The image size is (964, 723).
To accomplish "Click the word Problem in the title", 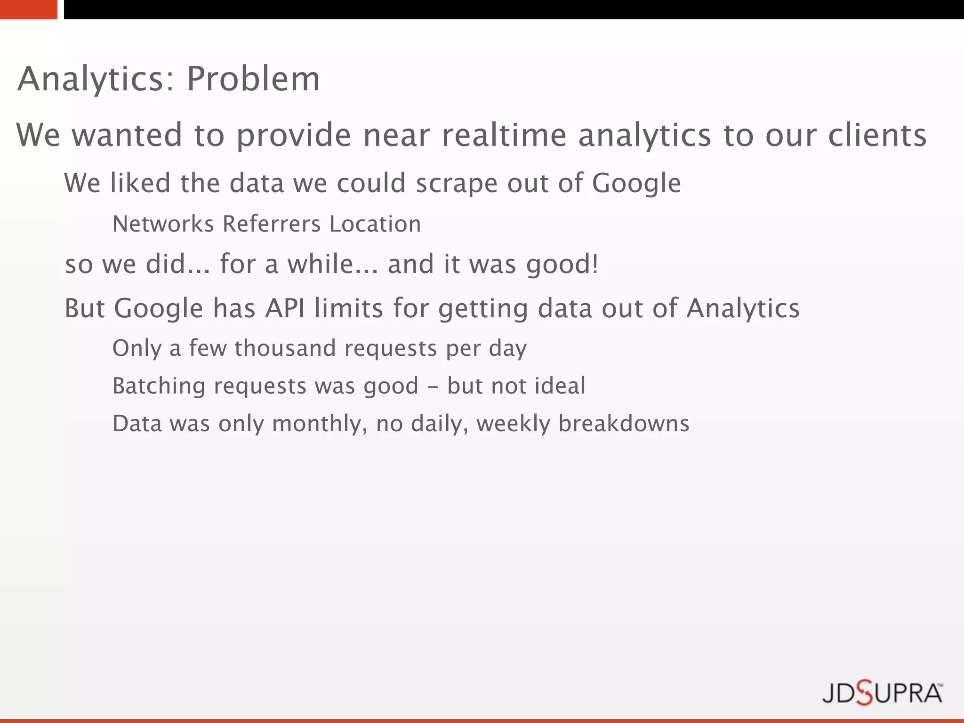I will pos(253,79).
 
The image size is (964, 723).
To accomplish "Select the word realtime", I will pos(504,136).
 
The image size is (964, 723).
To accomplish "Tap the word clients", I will pos(877,136).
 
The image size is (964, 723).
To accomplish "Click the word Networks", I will pos(163,224).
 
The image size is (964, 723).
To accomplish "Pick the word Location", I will pos(375,224).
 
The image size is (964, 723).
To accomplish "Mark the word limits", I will pos(349,309).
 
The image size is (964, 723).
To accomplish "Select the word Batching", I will pos(159,386).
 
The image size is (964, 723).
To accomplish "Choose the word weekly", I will pos(513,424).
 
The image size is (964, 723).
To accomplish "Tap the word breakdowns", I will pos(624,424).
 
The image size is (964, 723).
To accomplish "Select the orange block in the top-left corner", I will pos(28,9).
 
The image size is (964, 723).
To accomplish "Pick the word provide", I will pos(294,136).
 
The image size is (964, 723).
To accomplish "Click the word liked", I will pos(140,183).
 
